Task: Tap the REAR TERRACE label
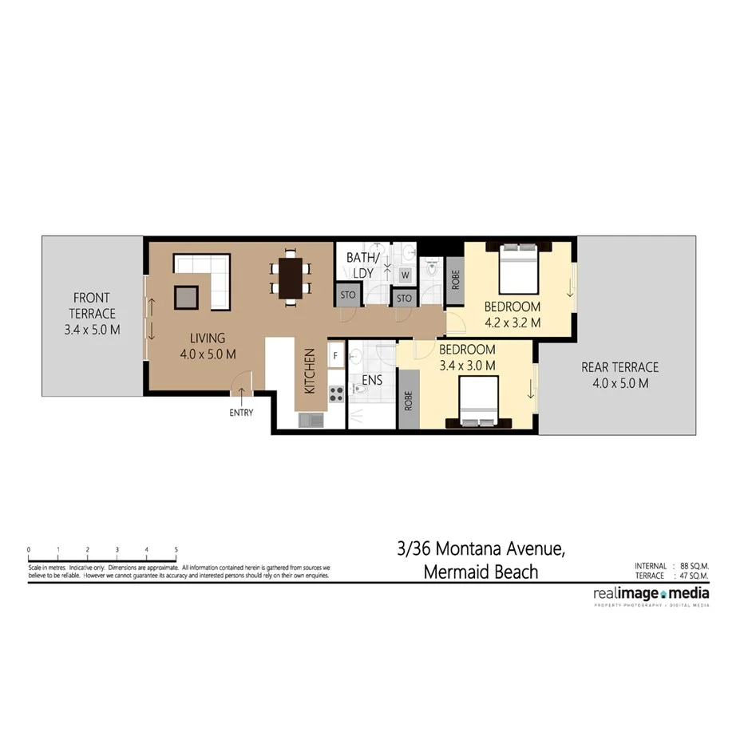point(619,374)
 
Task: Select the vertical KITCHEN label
point(309,371)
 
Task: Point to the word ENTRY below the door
point(240,413)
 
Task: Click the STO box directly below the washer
point(404,299)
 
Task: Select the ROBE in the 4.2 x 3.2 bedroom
point(455,281)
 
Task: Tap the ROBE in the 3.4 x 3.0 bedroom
point(408,400)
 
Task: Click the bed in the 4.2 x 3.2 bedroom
point(517,269)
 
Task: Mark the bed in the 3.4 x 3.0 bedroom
point(479,402)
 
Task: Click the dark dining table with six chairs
point(291,278)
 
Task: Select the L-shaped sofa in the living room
point(204,276)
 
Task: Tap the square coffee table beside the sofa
point(187,297)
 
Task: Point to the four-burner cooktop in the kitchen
point(336,394)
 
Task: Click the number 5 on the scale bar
point(176,550)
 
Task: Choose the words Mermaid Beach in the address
point(481,572)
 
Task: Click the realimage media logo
point(651,594)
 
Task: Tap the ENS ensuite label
point(372,380)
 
